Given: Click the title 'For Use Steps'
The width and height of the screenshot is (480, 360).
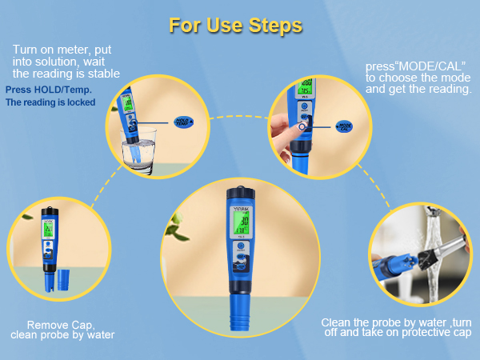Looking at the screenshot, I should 235,26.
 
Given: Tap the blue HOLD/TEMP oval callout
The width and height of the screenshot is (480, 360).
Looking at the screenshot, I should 187,121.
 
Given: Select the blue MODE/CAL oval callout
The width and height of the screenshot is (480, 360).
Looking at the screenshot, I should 344,126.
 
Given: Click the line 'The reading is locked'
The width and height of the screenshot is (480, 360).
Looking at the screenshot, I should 50,102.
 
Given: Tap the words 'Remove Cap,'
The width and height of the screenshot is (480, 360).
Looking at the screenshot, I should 61,325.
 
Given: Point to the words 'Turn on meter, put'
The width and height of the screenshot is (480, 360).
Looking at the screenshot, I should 62,50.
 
